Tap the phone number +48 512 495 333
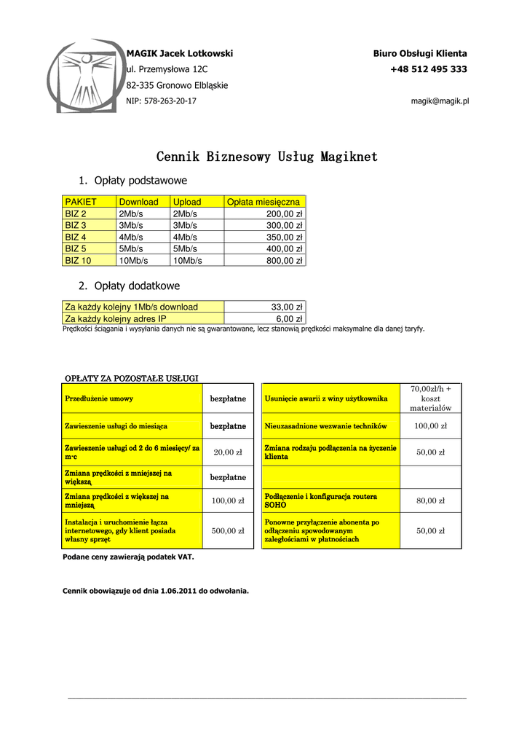pos(429,69)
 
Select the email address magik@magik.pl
pos(440,101)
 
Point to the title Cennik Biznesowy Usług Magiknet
pos(267,157)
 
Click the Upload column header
pos(187,202)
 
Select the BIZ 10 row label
pos(79,260)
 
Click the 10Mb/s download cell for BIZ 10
pos(133,260)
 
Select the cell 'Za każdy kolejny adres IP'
pos(116,318)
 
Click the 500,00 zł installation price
pos(228,531)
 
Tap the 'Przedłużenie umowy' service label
pos(99,398)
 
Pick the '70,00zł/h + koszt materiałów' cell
pos(431,398)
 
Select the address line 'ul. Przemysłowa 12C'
pos(167,69)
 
